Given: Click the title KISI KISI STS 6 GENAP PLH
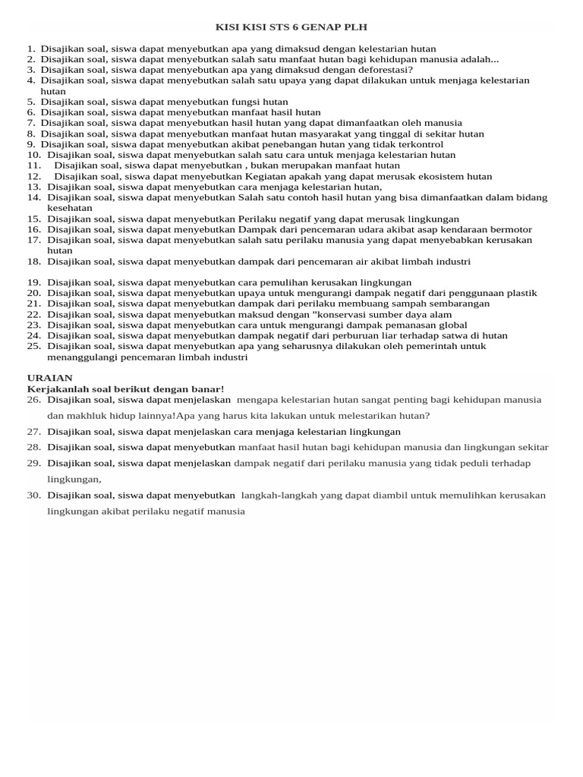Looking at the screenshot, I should (x=291, y=27).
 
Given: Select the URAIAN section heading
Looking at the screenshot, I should (x=50, y=378).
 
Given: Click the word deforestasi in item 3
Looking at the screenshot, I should (x=383, y=70).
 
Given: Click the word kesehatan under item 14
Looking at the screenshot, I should (x=70, y=208).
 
